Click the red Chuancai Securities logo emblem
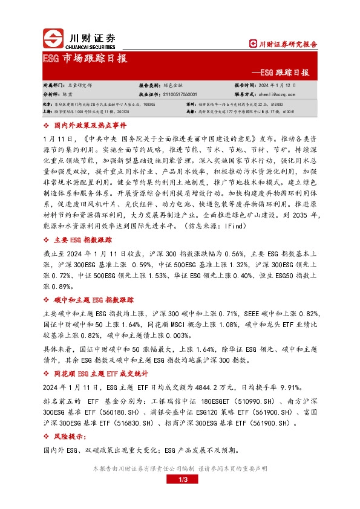[x=53, y=39]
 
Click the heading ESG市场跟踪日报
[x=85, y=59]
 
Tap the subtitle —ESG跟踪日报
[x=289, y=73]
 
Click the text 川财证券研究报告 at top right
[x=284, y=44]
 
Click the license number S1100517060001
[x=186, y=95]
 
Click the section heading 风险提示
[x=68, y=436]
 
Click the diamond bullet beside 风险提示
[x=48, y=436]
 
